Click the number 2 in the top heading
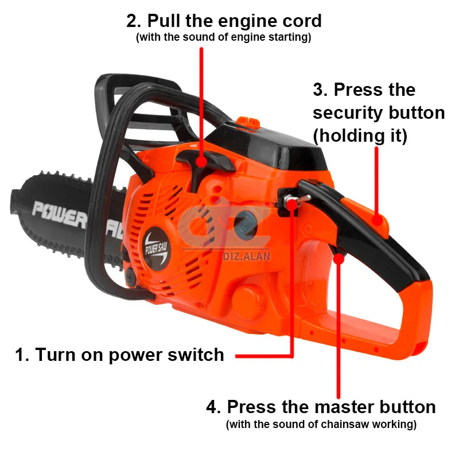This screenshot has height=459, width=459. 133,21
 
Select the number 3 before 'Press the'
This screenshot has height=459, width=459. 320,90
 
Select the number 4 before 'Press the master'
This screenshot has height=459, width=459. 213,407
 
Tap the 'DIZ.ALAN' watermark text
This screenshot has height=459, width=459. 245,257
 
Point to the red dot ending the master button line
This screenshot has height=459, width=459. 340,259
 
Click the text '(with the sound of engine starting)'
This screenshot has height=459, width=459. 223,38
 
